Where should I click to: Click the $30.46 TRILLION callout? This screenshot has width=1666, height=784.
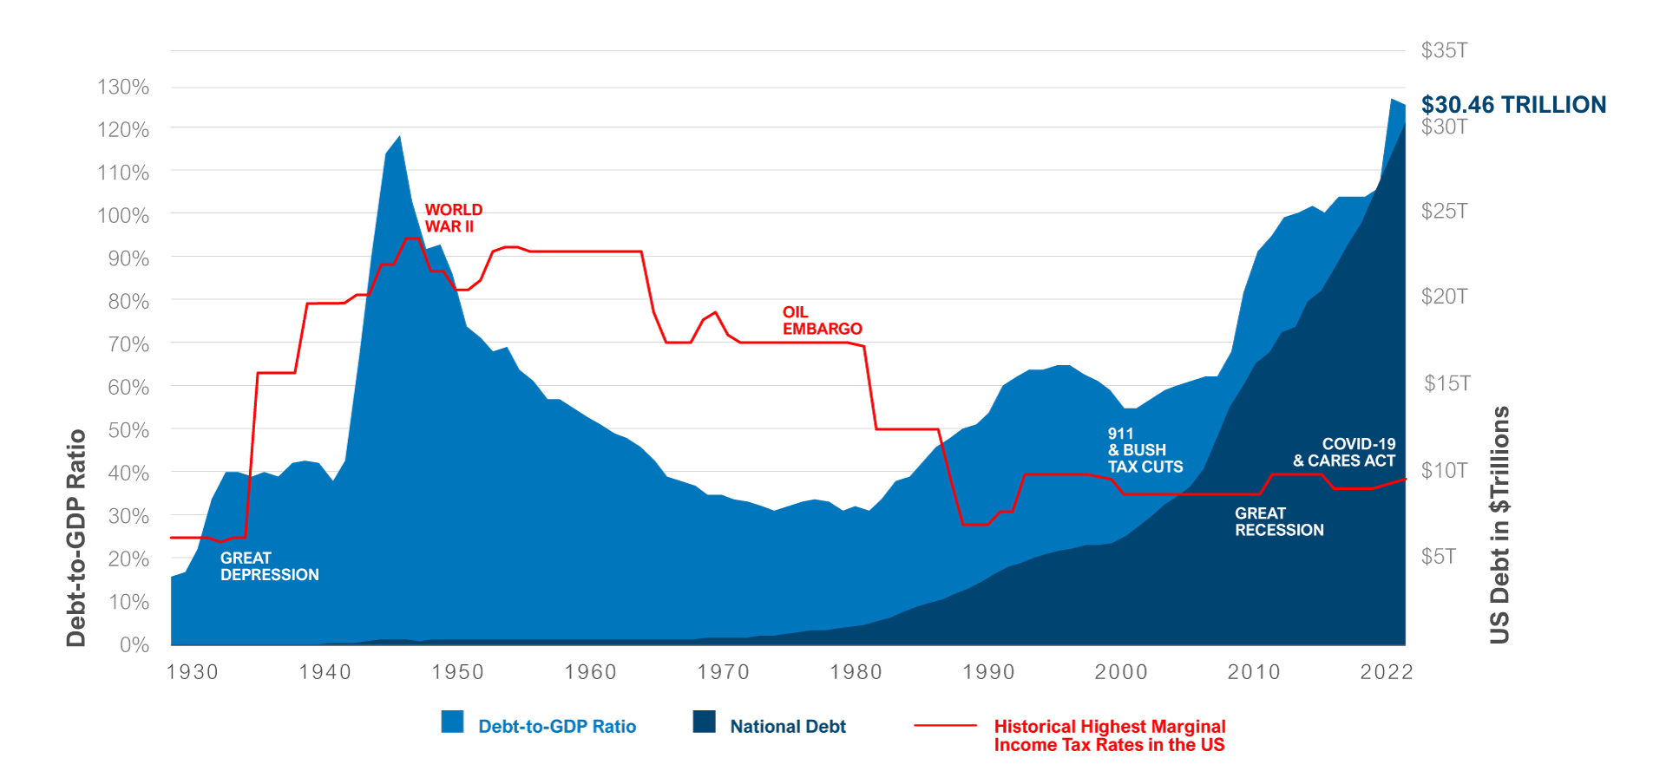(x=1513, y=105)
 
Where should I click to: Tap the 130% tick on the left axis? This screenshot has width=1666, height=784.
(x=123, y=87)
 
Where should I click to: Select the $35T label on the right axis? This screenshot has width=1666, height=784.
(x=1444, y=50)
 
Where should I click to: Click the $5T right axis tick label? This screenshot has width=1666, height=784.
(x=1438, y=556)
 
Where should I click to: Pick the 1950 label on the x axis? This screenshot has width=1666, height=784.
(x=457, y=672)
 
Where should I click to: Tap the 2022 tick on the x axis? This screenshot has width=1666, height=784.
(x=1386, y=672)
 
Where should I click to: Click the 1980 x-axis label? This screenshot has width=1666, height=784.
(x=856, y=672)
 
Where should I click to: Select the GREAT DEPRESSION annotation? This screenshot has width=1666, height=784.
(x=269, y=566)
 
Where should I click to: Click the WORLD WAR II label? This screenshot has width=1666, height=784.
(x=453, y=219)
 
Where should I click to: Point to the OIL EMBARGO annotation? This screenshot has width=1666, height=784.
(x=822, y=321)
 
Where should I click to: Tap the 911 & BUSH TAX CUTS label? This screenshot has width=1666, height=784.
(x=1145, y=450)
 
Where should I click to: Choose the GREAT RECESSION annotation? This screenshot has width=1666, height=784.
(x=1279, y=522)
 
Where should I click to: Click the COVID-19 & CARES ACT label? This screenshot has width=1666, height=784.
(x=1344, y=453)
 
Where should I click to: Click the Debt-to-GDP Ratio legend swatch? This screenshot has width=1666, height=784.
(x=452, y=722)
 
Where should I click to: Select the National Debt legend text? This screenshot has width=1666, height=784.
(x=787, y=727)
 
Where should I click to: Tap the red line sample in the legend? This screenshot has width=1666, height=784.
(x=945, y=725)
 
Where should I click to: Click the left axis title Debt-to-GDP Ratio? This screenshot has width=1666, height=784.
(x=76, y=538)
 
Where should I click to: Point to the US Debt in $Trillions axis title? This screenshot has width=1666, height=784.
(x=1499, y=525)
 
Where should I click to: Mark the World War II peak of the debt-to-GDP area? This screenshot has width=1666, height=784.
(x=399, y=136)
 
